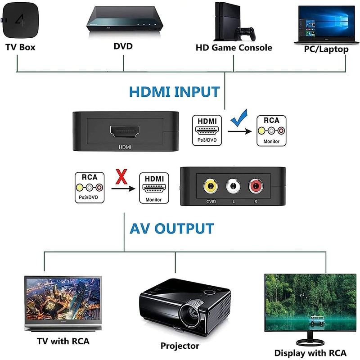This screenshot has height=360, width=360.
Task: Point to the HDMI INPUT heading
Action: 174,92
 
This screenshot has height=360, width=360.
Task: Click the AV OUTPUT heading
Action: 172,228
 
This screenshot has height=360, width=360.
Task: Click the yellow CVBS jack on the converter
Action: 210,185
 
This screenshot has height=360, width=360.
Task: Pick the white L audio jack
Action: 233,185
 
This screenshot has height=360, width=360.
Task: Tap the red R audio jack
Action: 256,185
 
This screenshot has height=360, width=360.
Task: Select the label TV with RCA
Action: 63,341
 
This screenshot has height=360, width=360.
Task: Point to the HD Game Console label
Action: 234,47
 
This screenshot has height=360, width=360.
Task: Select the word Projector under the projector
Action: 180,346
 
